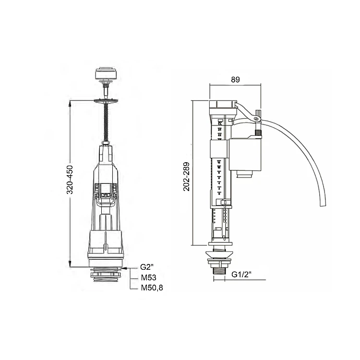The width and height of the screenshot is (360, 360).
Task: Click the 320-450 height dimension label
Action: pyautogui.click(x=70, y=180)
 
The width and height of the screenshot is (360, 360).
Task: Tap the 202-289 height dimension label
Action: pyautogui.click(x=186, y=177)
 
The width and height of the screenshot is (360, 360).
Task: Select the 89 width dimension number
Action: pyautogui.click(x=235, y=80)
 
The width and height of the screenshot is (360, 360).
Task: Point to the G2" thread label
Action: pyautogui.click(x=147, y=267)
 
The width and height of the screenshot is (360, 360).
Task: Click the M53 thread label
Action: pyautogui.click(x=148, y=277)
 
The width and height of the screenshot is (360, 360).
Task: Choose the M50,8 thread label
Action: pyautogui.click(x=152, y=288)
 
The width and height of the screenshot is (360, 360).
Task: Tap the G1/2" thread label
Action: pyautogui.click(x=241, y=275)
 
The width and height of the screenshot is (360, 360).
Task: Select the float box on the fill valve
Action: pyautogui.click(x=245, y=154)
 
